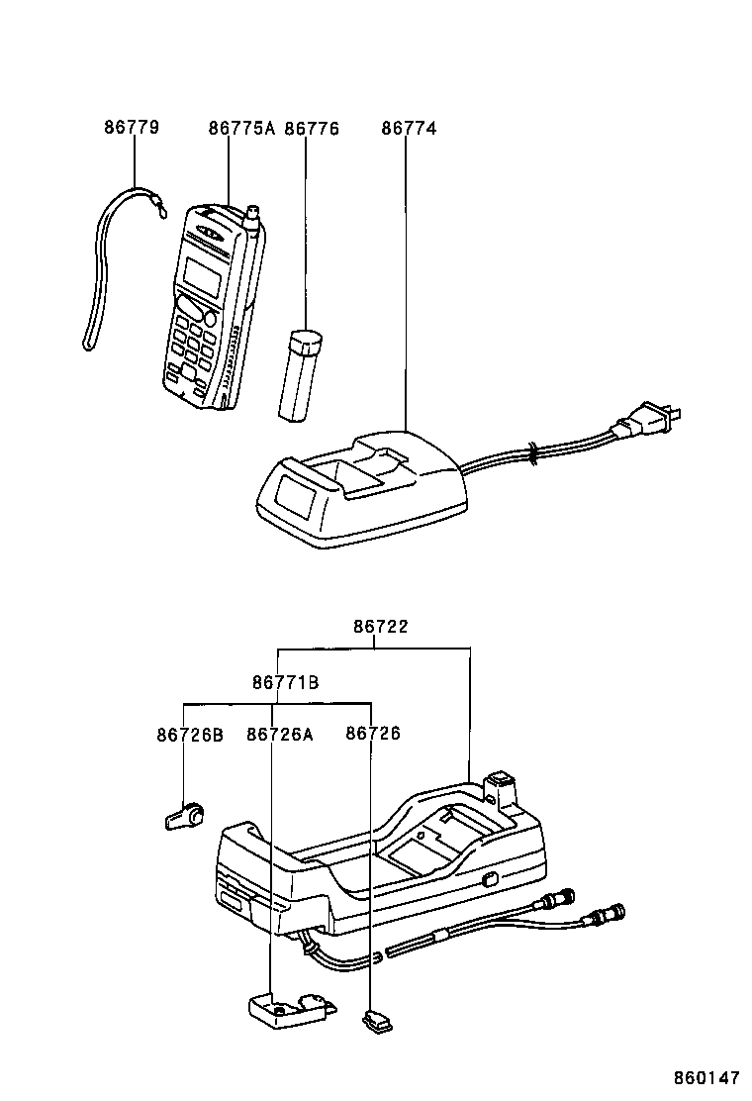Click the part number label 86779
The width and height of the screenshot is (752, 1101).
(132, 129)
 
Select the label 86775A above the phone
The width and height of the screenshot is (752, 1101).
(241, 129)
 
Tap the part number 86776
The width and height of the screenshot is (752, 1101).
(312, 129)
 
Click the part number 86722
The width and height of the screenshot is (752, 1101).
(381, 627)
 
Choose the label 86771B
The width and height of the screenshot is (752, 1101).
(285, 682)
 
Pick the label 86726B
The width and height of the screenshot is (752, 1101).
(190, 734)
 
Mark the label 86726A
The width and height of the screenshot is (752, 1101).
(280, 734)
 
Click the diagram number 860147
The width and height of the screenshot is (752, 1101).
(707, 1077)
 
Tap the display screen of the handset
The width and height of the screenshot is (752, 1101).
(203, 277)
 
